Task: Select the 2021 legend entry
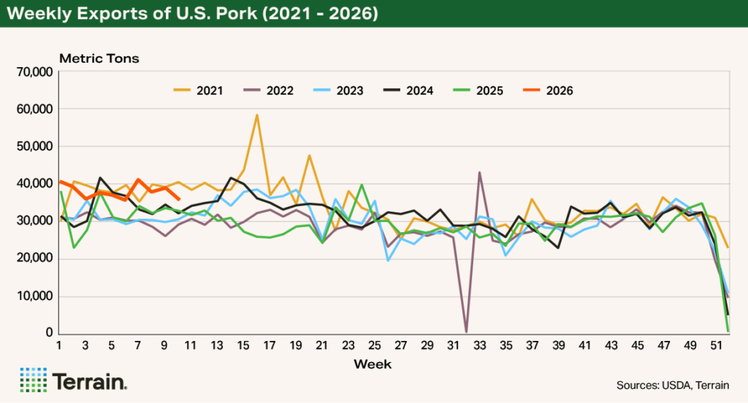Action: point(198,91)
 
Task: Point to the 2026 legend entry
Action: point(548,91)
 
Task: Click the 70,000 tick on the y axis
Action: point(34,72)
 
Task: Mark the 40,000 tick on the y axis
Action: point(34,184)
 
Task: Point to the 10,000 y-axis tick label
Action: point(34,296)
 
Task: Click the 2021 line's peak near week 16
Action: point(256,115)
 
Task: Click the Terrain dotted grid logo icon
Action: point(34,380)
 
